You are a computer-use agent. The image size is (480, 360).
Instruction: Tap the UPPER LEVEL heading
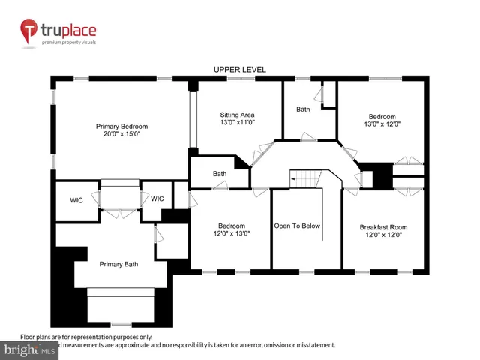point(239,70)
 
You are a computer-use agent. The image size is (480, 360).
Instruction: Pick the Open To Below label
point(298,225)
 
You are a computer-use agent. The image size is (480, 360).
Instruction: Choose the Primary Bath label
point(120,263)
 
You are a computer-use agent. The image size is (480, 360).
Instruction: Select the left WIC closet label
point(76,199)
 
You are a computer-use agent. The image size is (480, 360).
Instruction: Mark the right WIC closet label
point(157,199)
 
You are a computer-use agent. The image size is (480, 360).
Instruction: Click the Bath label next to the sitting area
point(303,109)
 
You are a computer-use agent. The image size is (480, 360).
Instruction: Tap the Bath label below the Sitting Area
point(219,174)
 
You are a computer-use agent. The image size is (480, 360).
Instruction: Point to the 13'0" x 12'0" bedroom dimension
point(381,125)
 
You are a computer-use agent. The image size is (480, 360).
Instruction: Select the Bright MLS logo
point(29,350)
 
